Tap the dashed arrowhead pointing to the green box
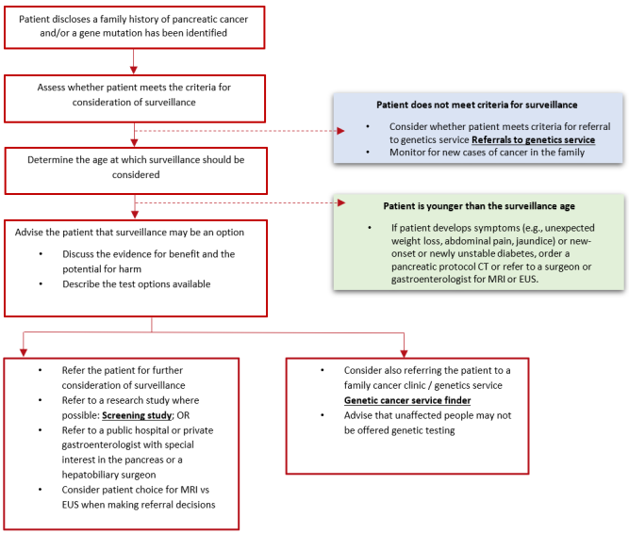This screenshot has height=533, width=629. click(340, 202)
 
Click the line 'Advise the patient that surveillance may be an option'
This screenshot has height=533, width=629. click(117, 233)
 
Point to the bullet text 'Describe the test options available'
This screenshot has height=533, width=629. click(137, 284)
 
